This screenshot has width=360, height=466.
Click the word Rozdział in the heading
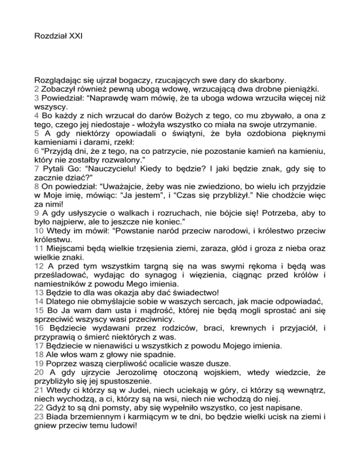tap(50, 36)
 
